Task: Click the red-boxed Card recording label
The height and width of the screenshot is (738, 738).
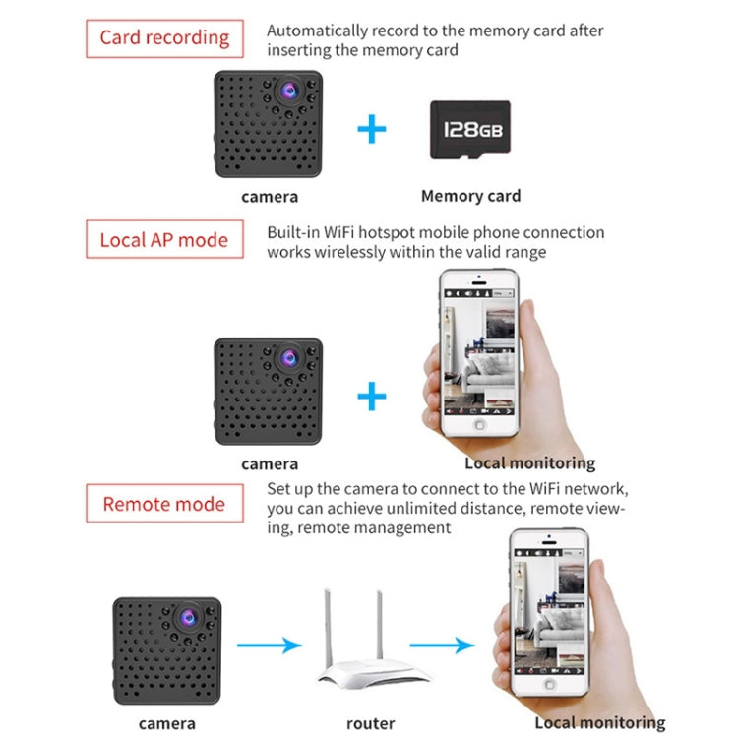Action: (x=164, y=39)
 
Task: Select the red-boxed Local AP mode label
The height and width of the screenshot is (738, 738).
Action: (x=163, y=240)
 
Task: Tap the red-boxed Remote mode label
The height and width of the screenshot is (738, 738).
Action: (x=163, y=505)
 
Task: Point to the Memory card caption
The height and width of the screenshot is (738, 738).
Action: (x=470, y=196)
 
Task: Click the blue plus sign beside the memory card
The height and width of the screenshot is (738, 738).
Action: (x=371, y=129)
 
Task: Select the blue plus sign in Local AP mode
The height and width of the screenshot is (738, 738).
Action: (x=371, y=397)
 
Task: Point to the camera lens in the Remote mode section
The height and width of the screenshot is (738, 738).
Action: (x=189, y=617)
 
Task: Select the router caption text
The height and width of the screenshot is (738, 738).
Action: (x=370, y=723)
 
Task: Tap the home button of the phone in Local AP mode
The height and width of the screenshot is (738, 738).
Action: (x=480, y=425)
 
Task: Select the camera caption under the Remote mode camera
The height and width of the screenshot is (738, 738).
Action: (x=166, y=723)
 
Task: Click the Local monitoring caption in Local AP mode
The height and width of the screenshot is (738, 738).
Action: (x=529, y=462)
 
